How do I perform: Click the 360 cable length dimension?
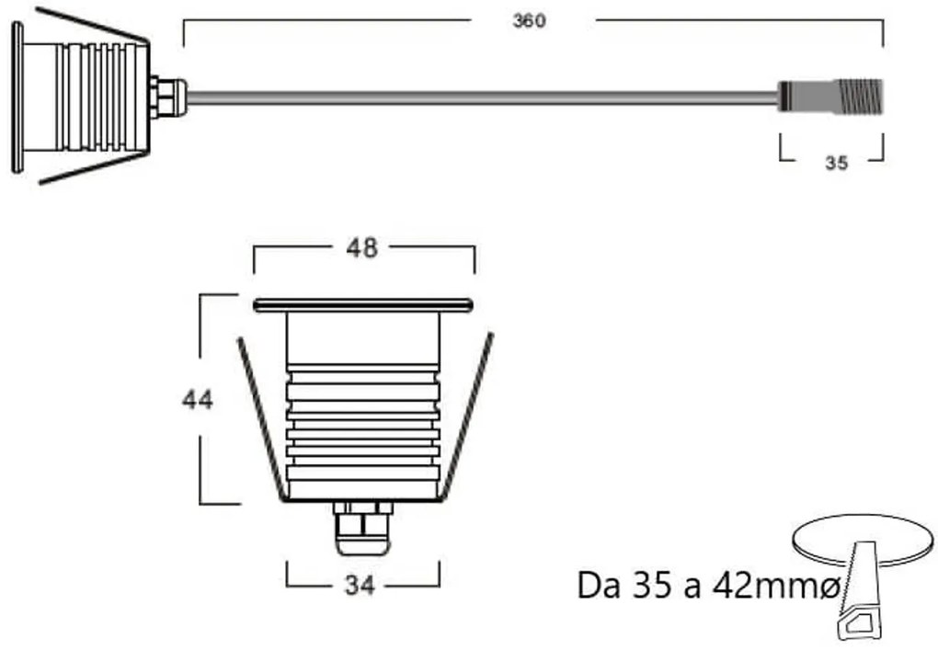pos(529,21)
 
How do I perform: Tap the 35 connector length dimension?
pos(835,164)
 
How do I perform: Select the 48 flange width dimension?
pos(361,248)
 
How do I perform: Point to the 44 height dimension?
pos(197,400)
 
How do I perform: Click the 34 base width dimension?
pos(360,586)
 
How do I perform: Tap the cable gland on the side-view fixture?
pos(168,97)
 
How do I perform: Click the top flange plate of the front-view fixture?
pos(362,304)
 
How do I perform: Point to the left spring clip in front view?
pos(260,418)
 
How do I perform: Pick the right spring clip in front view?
pos(466,418)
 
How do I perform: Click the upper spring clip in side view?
pos(92,25)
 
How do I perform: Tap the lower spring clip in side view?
pos(92,168)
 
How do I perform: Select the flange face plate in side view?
pos(17,97)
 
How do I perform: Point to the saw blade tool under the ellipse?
pos(863,598)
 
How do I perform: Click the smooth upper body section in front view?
pos(362,337)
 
